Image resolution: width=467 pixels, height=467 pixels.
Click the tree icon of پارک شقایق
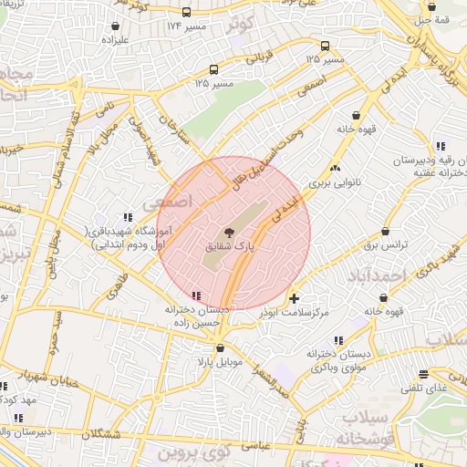[227, 233]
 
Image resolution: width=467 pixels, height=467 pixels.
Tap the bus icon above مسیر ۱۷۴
[187, 13]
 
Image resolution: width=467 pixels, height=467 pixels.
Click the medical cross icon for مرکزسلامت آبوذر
[294, 298]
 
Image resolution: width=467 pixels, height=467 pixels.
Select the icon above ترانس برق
[386, 233]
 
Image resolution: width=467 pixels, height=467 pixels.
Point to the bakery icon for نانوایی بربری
[335, 168]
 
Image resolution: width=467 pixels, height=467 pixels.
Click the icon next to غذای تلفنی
[422, 374]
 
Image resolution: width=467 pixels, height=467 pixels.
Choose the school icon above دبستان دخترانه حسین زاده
[197, 296]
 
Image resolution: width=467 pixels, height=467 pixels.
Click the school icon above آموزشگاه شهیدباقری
[128, 216]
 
